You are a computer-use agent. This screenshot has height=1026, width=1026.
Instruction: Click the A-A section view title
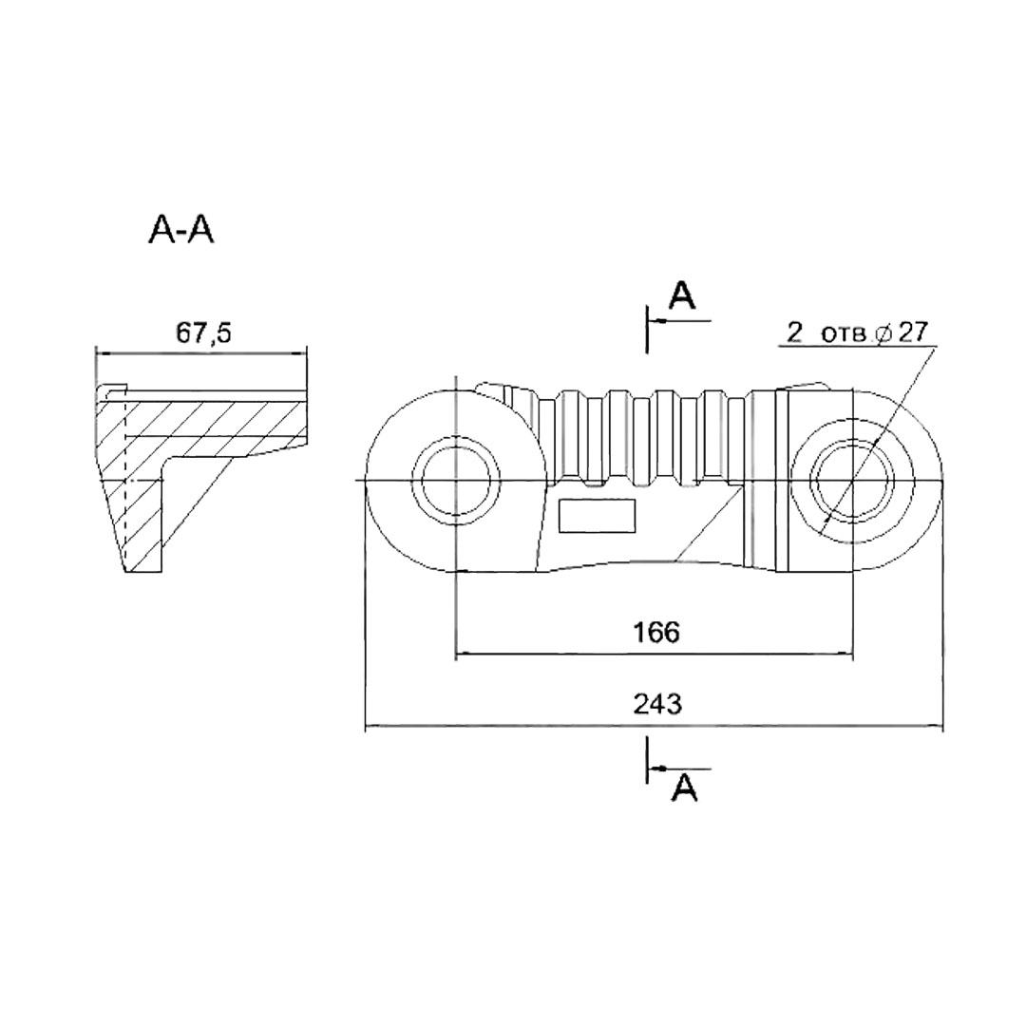tap(181, 230)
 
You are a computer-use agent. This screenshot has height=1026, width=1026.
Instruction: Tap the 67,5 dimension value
tap(203, 333)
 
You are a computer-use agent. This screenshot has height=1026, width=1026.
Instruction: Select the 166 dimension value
tap(656, 632)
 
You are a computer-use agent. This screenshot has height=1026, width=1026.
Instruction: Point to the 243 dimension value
tap(657, 704)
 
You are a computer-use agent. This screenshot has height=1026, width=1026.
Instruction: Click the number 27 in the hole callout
tap(913, 332)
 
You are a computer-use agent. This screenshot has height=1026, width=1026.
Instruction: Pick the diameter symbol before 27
tap(883, 333)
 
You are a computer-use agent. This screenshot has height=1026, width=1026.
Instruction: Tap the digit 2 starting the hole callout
tap(794, 332)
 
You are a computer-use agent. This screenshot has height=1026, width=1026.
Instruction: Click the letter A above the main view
tap(682, 295)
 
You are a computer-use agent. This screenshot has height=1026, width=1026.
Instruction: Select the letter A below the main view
tap(684, 788)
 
